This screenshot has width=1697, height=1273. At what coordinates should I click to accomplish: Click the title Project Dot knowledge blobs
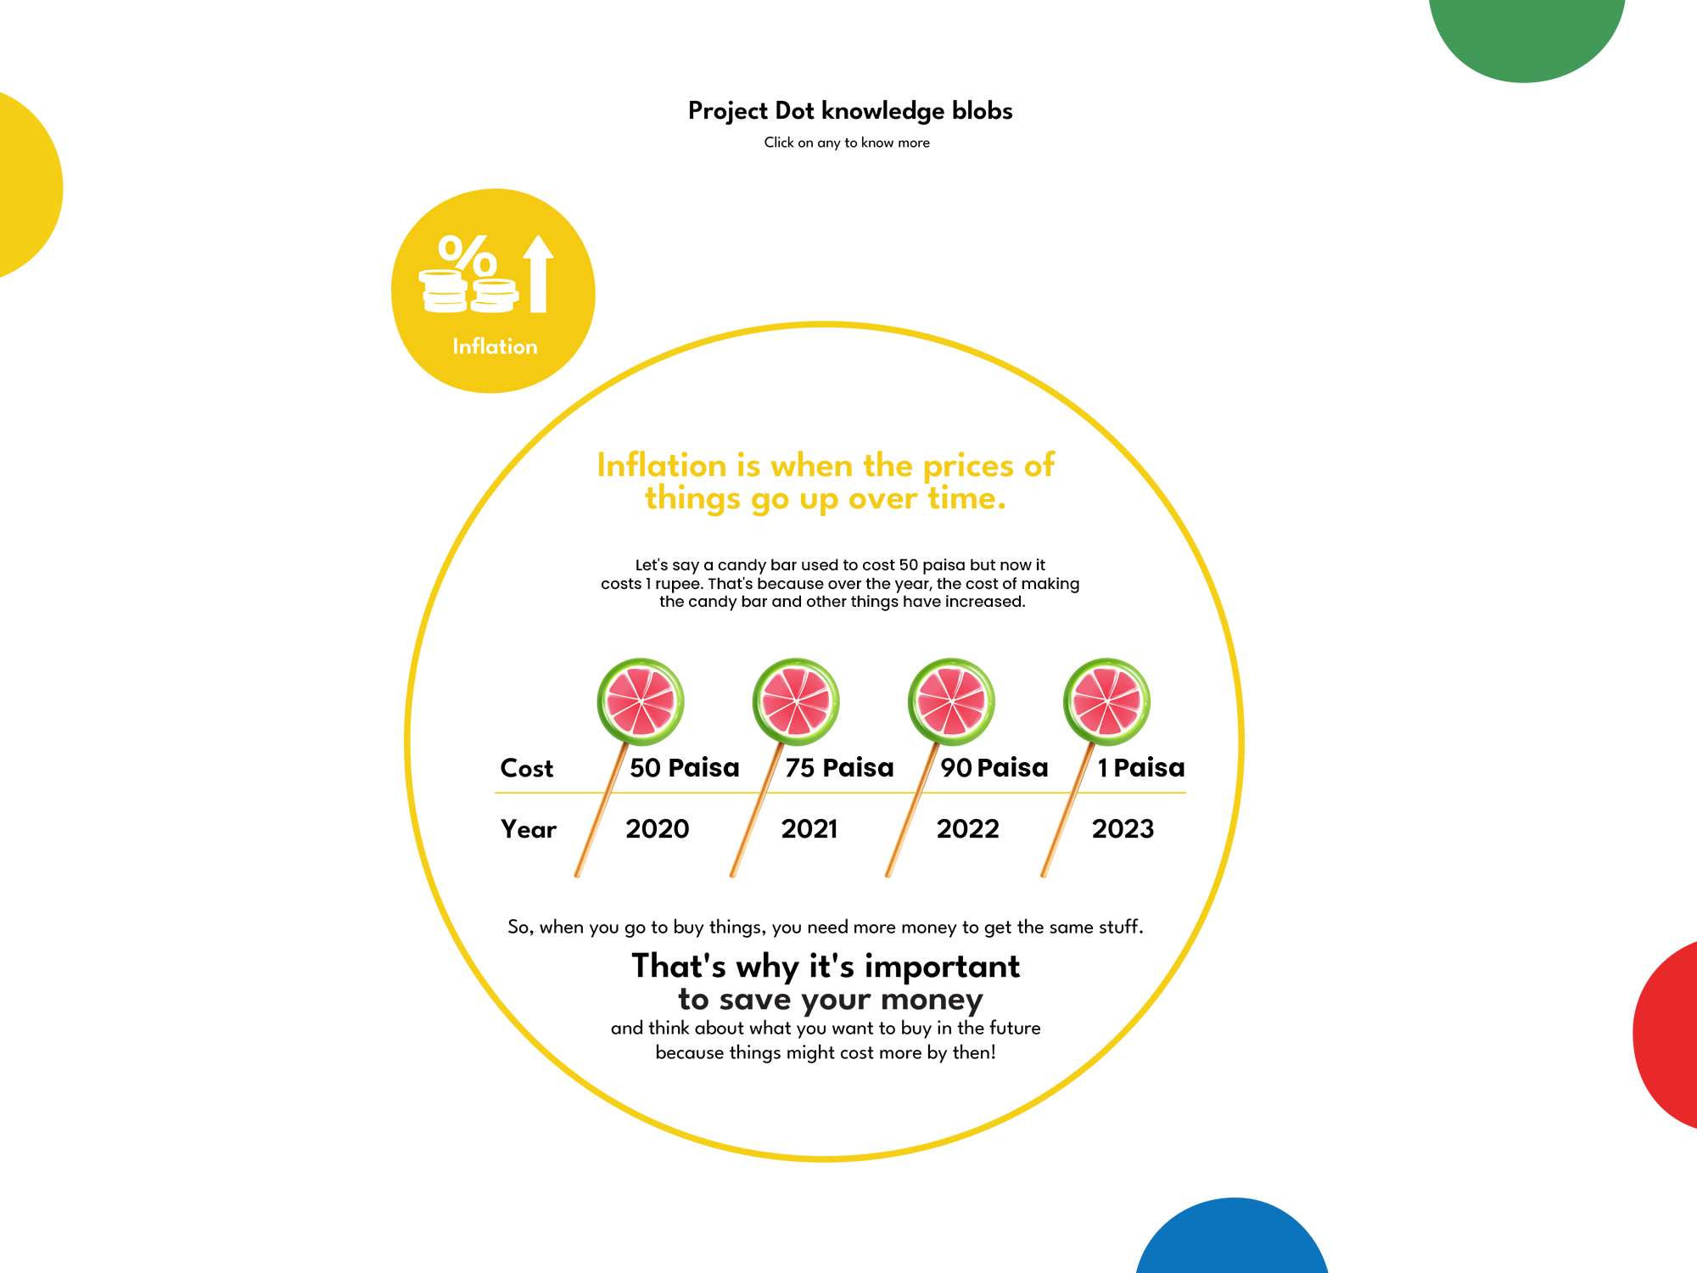pyautogui.click(x=850, y=112)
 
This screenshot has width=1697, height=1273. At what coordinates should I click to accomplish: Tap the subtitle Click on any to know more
pyautogui.click(x=847, y=143)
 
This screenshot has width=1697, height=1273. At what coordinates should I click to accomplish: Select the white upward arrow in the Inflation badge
pyautogui.click(x=538, y=273)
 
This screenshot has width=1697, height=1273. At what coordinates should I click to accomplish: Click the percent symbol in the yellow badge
pyautogui.click(x=468, y=255)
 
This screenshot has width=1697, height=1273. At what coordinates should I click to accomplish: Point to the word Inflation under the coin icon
pyautogui.click(x=495, y=346)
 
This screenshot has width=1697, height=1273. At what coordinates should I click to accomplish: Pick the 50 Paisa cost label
pyautogui.click(x=685, y=767)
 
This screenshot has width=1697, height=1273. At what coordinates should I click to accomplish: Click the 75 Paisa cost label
pyautogui.click(x=839, y=767)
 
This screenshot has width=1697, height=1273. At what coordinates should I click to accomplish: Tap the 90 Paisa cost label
pyautogui.click(x=994, y=767)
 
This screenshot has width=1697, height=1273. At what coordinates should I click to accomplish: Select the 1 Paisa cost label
pyautogui.click(x=1141, y=767)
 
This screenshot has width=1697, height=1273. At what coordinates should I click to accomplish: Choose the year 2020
pyautogui.click(x=658, y=828)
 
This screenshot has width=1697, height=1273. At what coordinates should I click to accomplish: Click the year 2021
pyautogui.click(x=809, y=828)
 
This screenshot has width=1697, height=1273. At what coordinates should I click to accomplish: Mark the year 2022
pyautogui.click(x=968, y=828)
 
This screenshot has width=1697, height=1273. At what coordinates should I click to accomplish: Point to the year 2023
pyautogui.click(x=1123, y=828)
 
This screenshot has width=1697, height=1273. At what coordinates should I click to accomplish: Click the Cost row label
pyautogui.click(x=527, y=768)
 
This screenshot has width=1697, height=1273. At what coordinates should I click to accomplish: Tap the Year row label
pyautogui.click(x=529, y=829)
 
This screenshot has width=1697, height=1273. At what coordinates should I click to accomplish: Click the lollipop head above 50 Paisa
pyautogui.click(x=641, y=702)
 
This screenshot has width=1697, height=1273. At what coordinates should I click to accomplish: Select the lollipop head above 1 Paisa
pyautogui.click(x=1106, y=702)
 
